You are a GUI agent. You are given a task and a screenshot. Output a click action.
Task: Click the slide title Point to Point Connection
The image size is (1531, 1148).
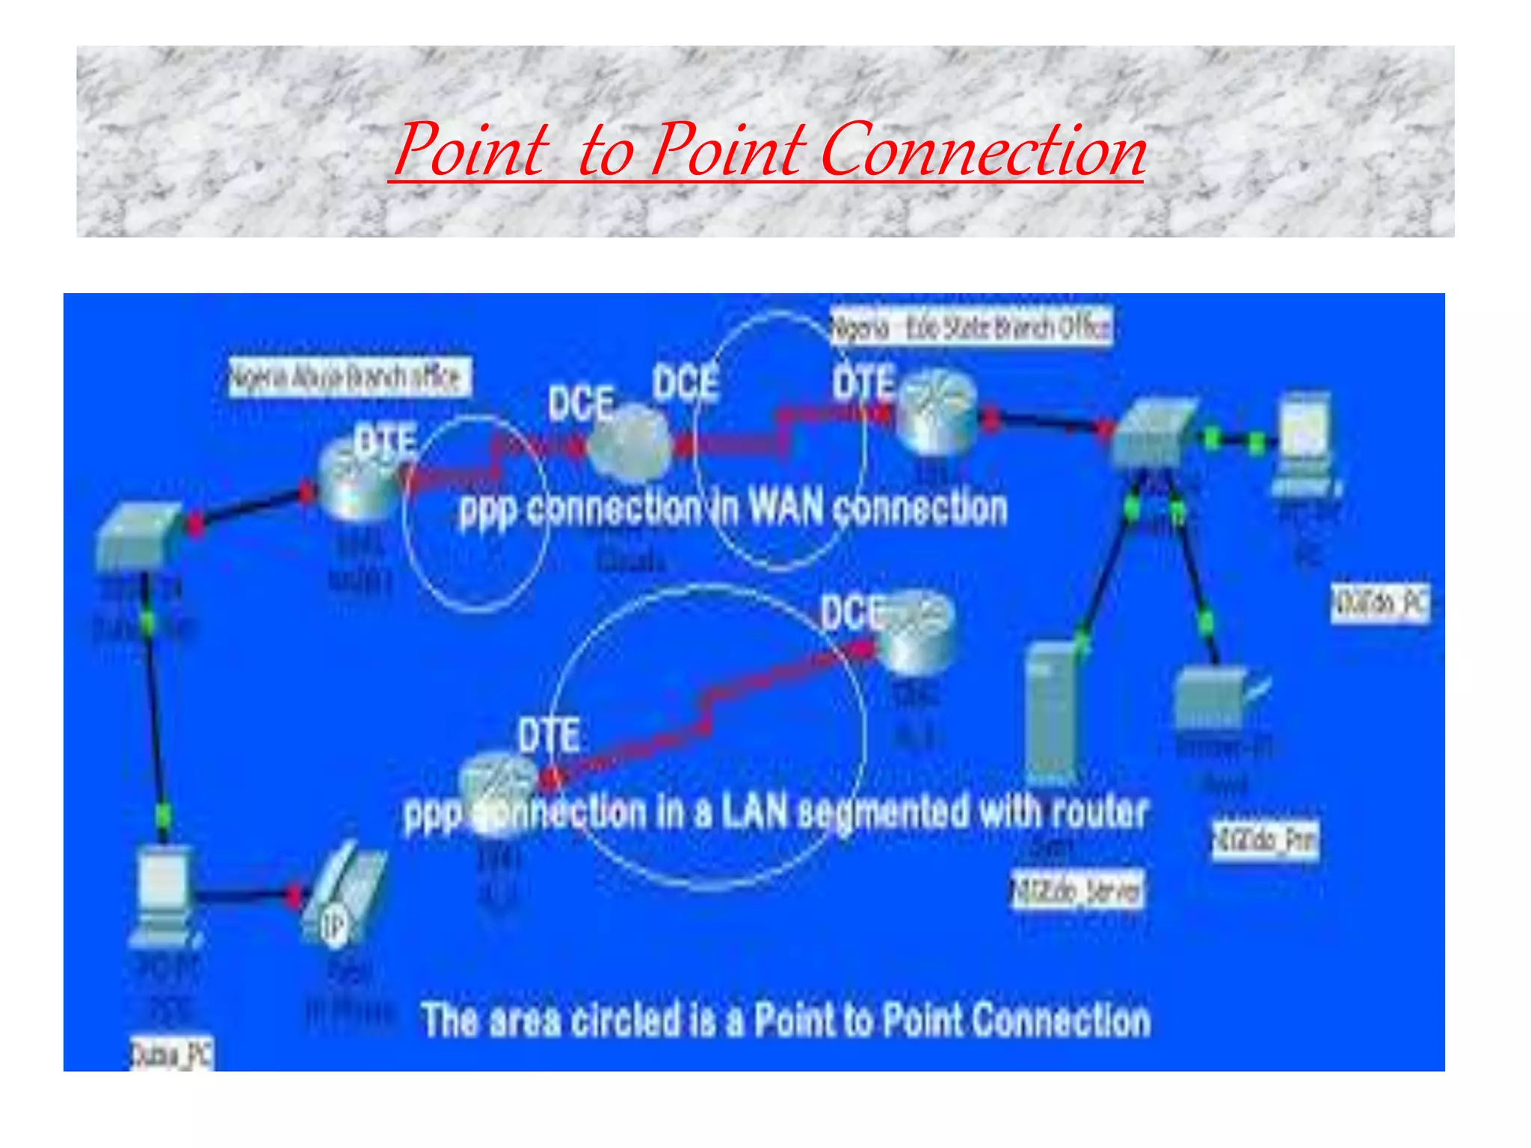768,149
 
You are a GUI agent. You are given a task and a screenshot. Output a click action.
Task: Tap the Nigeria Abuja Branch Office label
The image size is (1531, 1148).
348,377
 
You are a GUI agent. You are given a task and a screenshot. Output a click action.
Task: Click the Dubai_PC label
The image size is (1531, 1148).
172,1054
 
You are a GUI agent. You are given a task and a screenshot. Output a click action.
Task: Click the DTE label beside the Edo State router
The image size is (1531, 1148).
863,383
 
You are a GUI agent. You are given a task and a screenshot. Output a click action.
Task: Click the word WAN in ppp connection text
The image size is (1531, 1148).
786,509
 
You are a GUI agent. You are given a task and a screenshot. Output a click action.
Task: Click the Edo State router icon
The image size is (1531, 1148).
937,413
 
